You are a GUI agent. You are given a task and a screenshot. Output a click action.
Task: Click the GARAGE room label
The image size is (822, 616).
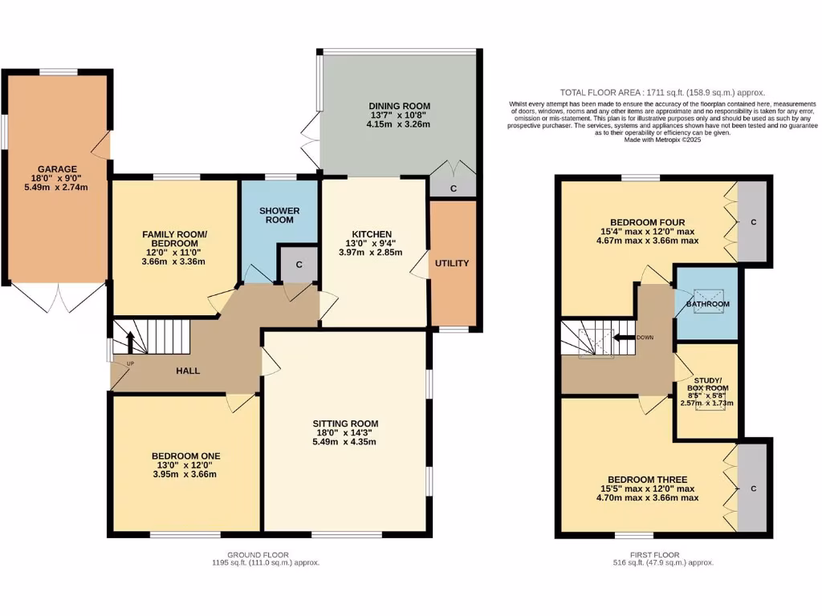[x=55, y=169]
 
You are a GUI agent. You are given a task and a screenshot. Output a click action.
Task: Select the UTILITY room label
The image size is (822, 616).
[x=453, y=263]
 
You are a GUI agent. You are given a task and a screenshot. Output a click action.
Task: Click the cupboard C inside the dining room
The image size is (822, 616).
[x=454, y=188]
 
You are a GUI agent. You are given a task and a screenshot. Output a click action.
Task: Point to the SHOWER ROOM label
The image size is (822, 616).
[x=279, y=215]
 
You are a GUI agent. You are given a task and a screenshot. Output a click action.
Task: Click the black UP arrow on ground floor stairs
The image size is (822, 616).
[x=129, y=344]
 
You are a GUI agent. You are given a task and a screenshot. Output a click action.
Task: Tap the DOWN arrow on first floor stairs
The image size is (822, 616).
[x=624, y=338]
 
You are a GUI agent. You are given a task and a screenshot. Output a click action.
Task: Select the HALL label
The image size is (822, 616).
[x=187, y=371]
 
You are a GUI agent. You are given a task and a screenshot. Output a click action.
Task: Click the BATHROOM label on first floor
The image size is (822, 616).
[x=707, y=305]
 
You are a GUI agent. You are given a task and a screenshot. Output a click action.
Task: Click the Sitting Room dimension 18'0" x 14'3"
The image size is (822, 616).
[x=345, y=432]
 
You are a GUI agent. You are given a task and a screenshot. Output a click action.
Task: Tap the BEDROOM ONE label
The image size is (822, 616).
[x=185, y=456]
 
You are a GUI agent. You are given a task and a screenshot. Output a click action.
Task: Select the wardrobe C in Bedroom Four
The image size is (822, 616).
[x=753, y=222]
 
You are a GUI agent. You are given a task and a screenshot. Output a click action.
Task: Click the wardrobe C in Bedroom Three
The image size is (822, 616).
[x=753, y=488]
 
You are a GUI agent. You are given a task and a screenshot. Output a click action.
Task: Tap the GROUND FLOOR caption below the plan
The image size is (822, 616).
[x=258, y=554]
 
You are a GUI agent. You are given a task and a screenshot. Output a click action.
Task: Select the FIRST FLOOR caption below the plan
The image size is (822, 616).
[x=655, y=554]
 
